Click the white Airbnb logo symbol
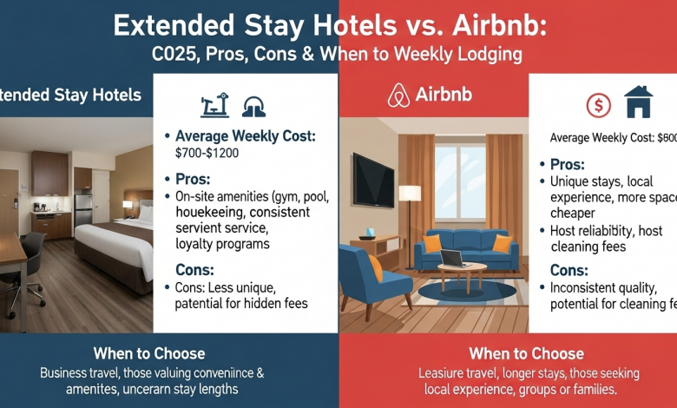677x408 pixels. point(399,95)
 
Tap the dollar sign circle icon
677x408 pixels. point(598,105)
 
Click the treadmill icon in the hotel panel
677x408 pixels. point(213,105)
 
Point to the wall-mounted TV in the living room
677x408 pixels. point(373,180)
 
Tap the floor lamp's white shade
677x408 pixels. point(410,193)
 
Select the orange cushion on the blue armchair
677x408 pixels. point(375,266)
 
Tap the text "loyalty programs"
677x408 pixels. point(223,244)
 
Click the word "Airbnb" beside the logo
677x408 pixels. point(444,95)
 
